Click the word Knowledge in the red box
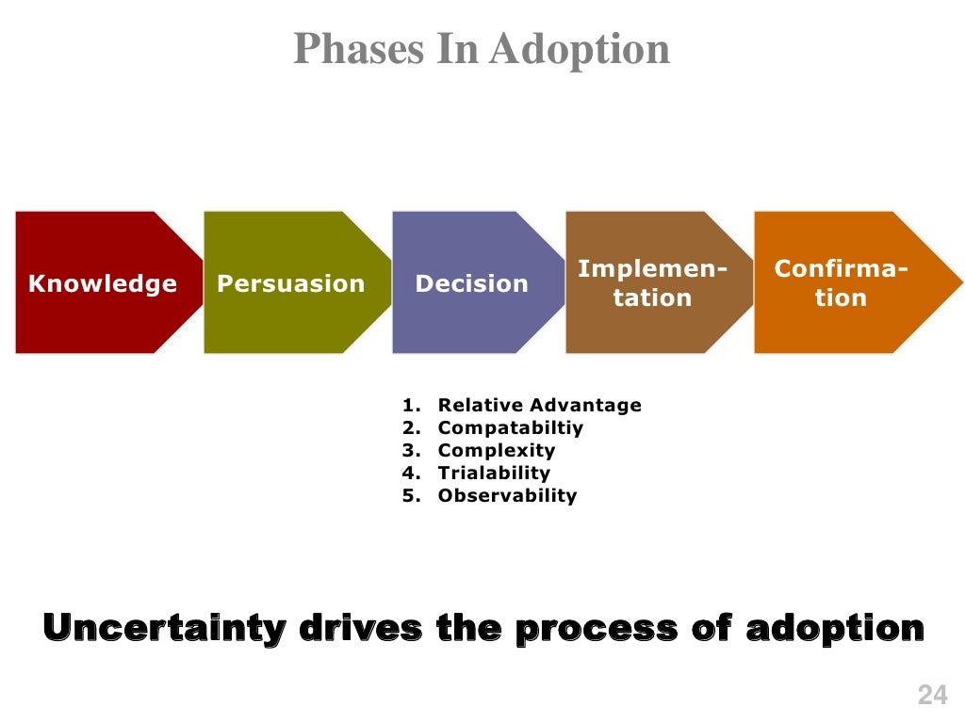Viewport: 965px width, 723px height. [x=103, y=283]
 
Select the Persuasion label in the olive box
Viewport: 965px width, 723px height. [x=290, y=283]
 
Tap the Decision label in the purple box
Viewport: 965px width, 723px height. [x=471, y=283]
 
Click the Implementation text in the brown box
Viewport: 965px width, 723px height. [x=652, y=283]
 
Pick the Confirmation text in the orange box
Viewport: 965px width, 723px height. [x=841, y=283]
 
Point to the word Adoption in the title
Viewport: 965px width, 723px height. [x=580, y=49]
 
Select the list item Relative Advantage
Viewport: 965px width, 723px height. [x=539, y=406]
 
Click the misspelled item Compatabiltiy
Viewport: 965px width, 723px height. [x=511, y=428]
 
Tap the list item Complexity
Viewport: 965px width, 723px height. [x=497, y=451]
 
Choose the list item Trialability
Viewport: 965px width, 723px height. [x=494, y=474]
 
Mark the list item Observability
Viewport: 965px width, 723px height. [x=507, y=496]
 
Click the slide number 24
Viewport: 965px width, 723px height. [x=931, y=696]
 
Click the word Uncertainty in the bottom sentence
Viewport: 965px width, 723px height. [x=163, y=627]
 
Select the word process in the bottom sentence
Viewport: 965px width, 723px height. [x=595, y=627]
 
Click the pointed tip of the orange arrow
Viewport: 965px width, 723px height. [x=959, y=282]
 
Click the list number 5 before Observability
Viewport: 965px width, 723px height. [x=409, y=496]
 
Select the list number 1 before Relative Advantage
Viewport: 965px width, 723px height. [x=409, y=406]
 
